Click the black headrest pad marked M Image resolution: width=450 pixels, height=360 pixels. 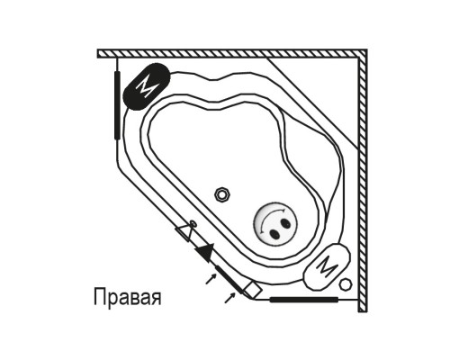147,86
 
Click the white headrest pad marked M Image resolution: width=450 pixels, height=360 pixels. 327,266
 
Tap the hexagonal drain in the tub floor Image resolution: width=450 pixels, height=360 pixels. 222,194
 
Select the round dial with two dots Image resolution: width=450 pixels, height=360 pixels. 275,224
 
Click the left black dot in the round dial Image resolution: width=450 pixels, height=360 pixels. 274,233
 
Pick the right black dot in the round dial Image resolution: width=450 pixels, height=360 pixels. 285,223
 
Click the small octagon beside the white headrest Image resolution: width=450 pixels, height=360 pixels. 346,284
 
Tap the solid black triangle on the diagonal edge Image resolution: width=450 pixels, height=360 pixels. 206,252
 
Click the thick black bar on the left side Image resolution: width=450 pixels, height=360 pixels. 117,105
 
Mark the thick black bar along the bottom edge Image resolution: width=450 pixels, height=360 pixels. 304,300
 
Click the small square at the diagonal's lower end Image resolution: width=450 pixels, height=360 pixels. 253,290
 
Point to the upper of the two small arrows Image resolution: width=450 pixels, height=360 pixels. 211,279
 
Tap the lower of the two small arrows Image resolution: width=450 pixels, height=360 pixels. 230,298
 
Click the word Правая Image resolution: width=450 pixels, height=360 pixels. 128,297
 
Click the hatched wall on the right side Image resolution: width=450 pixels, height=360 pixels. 363,181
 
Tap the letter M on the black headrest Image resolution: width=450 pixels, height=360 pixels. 147,86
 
